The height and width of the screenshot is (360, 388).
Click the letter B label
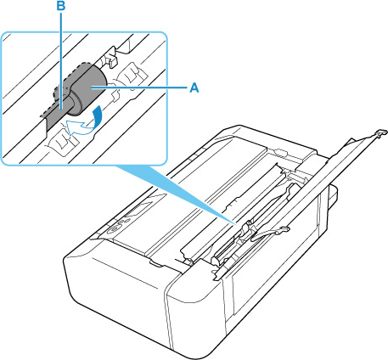click(61, 7)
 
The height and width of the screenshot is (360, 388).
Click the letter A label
click(194, 87)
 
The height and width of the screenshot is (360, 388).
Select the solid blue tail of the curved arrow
click(98, 115)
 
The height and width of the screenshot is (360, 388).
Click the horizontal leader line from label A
click(138, 88)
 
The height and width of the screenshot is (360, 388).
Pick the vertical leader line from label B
click(61, 60)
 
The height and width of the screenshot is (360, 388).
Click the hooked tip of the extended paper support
click(381, 132)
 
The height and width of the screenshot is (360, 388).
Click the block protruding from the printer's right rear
click(332, 198)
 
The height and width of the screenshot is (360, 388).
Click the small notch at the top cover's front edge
click(155, 263)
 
